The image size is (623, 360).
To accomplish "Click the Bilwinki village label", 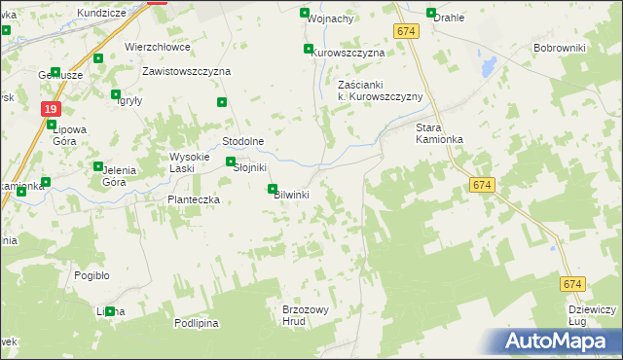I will coord(292,195).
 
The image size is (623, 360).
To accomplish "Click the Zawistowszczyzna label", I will coord(186,72).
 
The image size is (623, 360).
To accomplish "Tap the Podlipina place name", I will coord(197,323).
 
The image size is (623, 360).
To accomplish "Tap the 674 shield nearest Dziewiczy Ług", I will coord(572,284).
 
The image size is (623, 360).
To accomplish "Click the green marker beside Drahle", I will coord(430,13).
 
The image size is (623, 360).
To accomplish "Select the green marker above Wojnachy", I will coord(304,13).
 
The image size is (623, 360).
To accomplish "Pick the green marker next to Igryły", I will coord(116,95).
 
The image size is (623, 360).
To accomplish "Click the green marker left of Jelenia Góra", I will coord(96,166).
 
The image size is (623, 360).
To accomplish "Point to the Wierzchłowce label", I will coord(158,47).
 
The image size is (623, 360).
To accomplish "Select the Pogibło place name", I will coord(92,275).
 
